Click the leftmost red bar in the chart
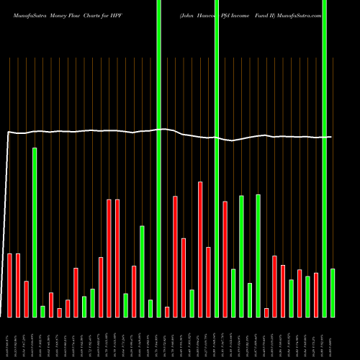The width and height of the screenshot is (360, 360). coord(9,285)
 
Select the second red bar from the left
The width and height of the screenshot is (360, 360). coord(18,285)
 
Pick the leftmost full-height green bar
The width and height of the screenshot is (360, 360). coord(158,158)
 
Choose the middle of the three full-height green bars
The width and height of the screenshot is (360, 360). coord(217,158)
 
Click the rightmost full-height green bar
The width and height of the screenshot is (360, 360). coord(325,158)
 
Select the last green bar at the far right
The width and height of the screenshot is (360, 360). coord(333,292)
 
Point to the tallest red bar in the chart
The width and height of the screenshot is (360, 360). coord(200,249)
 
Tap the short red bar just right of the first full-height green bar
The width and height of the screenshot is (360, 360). coord(167,312)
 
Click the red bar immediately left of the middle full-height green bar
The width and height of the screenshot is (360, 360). coord(209,282)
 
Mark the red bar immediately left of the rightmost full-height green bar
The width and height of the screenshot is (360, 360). coord(316,295)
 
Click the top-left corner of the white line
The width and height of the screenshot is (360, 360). coord(8,132)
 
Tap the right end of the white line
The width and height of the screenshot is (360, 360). coord(331,137)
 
